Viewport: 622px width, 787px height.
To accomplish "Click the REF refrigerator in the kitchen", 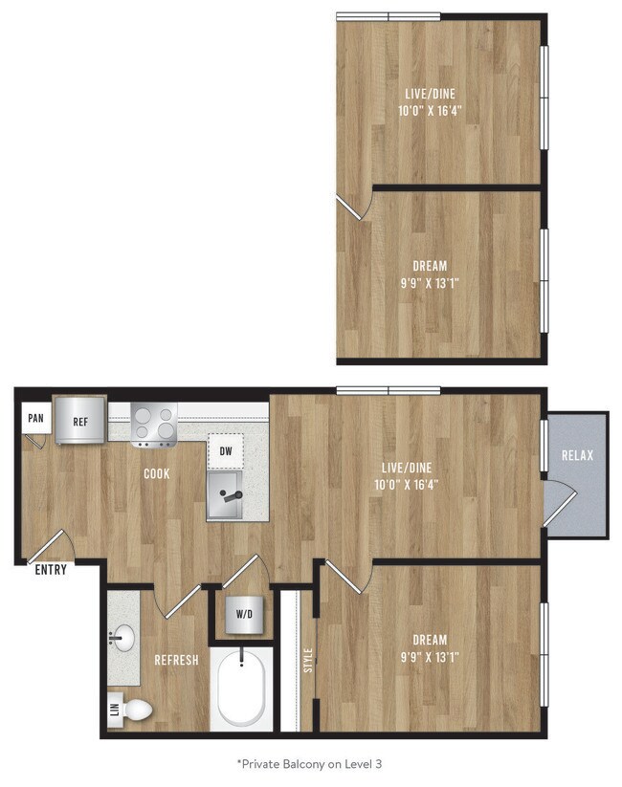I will [x=79, y=420].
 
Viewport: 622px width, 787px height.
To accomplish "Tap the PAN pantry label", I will [x=35, y=418].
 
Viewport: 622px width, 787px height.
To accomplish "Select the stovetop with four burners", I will [x=154, y=424].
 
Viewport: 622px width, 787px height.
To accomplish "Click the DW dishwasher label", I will [x=225, y=450].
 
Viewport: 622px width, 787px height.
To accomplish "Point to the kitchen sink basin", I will [x=228, y=495].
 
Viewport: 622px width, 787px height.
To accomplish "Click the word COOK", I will [x=158, y=473].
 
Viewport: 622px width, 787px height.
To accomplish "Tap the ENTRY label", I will [x=51, y=570].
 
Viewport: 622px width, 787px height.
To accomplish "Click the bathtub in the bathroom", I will [x=241, y=689].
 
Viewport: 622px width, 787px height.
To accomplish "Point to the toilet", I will [x=135, y=709].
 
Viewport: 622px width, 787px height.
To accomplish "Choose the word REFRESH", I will [x=176, y=660].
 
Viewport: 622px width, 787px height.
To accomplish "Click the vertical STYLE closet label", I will [x=308, y=661].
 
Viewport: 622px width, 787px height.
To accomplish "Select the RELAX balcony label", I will [x=577, y=455].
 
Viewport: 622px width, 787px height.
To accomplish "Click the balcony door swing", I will [x=559, y=504].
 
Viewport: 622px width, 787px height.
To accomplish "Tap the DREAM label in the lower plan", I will [x=430, y=640].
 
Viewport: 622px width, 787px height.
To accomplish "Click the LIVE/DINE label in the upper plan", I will [x=430, y=94].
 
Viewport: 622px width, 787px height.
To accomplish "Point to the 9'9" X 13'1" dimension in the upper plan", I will [x=431, y=283].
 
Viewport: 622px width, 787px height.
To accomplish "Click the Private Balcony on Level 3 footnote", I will [x=310, y=764].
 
